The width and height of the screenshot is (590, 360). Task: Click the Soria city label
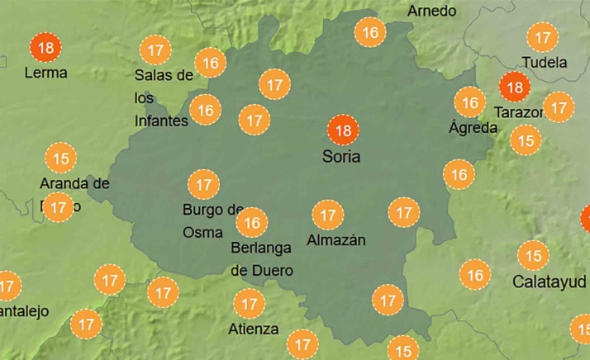(x=340, y=156)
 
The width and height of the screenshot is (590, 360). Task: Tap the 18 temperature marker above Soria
(x=343, y=130)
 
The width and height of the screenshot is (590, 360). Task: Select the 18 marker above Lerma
(x=45, y=48)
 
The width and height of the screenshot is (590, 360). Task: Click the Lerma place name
(x=45, y=73)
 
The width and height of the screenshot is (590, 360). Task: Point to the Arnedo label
(x=431, y=11)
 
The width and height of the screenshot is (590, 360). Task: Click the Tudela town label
(x=545, y=62)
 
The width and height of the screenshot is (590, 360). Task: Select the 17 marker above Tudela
(x=543, y=38)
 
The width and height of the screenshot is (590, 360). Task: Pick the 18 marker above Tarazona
(x=515, y=87)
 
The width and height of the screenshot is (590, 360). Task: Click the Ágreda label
(x=473, y=127)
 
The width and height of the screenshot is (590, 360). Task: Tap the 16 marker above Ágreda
(x=469, y=103)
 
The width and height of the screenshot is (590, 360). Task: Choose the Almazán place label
(x=335, y=240)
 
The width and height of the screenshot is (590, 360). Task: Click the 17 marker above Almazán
(x=327, y=216)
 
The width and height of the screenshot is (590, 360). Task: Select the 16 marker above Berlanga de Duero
(x=252, y=222)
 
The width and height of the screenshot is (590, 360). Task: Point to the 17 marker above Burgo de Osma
(x=203, y=183)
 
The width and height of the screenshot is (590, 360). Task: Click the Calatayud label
(x=550, y=281)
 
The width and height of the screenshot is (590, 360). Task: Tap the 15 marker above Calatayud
(x=533, y=256)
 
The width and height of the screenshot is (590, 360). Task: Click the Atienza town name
(x=253, y=329)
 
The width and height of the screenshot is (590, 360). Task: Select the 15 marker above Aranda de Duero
(x=60, y=157)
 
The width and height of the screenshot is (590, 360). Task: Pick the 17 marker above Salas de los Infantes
(x=154, y=50)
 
